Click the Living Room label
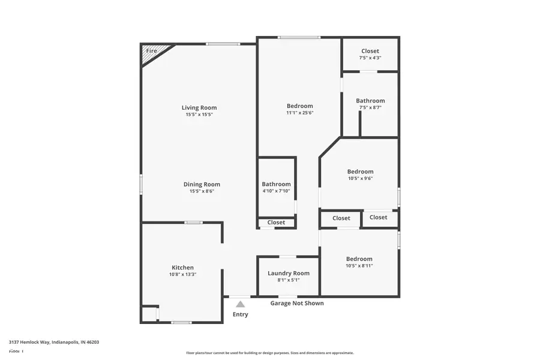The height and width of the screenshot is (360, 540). coord(199,107)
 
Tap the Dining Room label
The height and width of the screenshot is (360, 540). coord(202,184)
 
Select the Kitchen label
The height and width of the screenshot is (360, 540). coord(183,268)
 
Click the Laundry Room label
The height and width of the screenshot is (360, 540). coord(289,273)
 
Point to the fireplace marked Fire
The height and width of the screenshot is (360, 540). coord(152,52)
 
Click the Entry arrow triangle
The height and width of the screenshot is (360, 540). coord(240,304)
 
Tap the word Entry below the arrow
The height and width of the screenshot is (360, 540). coord(240,314)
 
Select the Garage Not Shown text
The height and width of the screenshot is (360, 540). coord(297,303)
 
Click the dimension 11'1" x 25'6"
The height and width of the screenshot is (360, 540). coord(299,113)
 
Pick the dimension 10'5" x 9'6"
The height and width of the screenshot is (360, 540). coord(360,178)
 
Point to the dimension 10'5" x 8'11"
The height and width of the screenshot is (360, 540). coord(359,266)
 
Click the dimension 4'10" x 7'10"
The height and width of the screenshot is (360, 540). coord(276,191)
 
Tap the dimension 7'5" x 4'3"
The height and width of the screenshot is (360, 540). coord(370,58)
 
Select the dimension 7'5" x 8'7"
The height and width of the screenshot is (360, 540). coord(370,107)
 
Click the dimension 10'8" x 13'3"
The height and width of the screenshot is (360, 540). coord(183,274)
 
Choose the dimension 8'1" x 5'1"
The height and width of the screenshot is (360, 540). coord(289,280)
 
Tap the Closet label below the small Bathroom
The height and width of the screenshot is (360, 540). coord(276,222)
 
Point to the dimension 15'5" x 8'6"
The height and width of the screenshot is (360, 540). coord(202,191)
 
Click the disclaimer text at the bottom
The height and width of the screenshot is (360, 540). coord(270,353)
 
